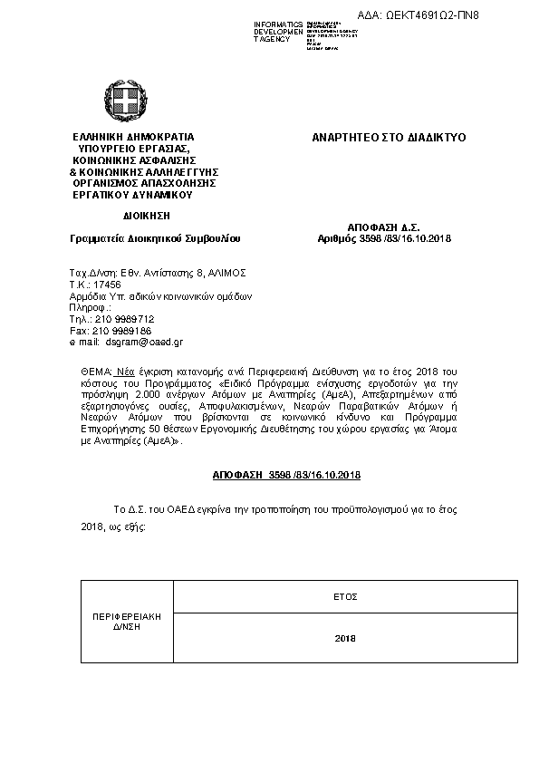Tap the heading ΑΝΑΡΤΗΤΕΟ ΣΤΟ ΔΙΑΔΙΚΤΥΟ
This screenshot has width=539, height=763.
click(388, 137)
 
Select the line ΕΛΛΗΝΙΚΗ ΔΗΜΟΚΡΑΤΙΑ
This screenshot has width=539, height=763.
click(133, 137)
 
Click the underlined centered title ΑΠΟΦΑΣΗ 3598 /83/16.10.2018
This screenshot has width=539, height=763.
click(286, 475)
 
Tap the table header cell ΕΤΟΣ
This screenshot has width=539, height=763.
click(345, 596)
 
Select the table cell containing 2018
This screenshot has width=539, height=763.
click(345, 639)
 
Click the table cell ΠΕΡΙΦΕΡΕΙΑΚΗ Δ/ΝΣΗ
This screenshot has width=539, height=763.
click(126, 621)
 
